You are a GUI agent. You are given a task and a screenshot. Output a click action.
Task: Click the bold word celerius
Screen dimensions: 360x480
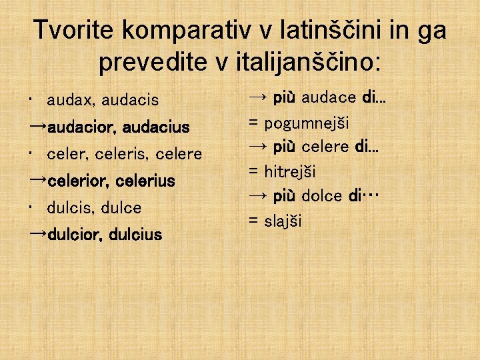[145, 181]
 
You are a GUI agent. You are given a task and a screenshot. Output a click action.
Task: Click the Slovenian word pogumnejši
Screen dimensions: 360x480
[306, 123]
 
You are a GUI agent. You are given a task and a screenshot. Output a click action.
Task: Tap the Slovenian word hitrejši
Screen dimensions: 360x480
[290, 172]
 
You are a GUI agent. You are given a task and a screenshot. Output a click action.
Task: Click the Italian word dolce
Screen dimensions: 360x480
[323, 196]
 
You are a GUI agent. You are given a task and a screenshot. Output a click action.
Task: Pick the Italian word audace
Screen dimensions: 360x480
[329, 99]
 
